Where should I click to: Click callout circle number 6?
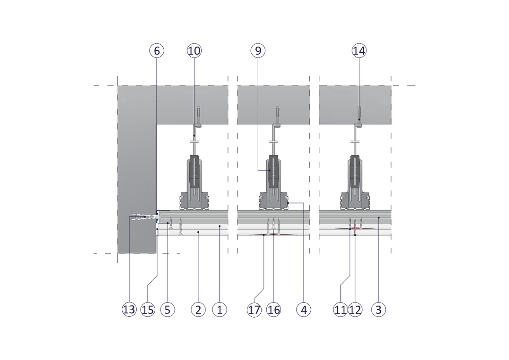(156, 51)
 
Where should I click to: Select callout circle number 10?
(194, 51)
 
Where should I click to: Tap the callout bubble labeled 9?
(258, 51)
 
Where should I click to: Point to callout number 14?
(359, 51)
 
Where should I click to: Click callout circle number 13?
(129, 310)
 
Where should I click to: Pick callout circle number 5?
(167, 310)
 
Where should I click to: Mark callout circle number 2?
(198, 310)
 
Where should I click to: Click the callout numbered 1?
(219, 310)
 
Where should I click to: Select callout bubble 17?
(254, 310)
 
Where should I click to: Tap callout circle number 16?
(273, 310)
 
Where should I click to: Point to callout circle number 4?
(304, 310)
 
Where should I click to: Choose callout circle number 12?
(355, 310)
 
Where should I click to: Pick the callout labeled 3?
(379, 310)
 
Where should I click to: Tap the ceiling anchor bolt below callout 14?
(359, 112)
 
